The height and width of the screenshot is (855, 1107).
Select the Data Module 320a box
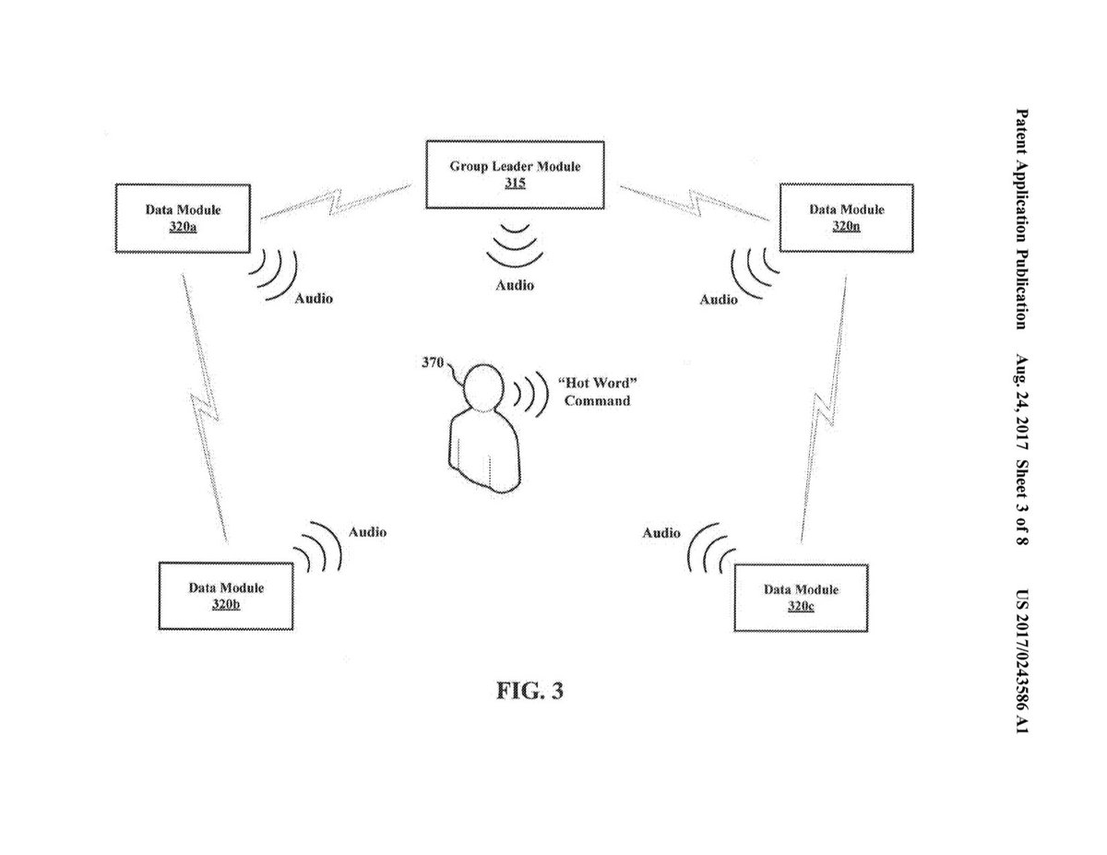coord(183,218)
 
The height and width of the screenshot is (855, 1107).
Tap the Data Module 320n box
coord(846,218)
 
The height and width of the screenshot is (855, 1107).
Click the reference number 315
coord(515,184)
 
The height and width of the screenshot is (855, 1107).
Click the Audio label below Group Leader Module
coord(515,285)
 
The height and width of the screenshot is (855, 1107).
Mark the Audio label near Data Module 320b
coord(367,532)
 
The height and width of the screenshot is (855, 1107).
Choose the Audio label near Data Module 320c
coord(661,533)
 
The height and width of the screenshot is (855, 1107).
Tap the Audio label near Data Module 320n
coord(719,299)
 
